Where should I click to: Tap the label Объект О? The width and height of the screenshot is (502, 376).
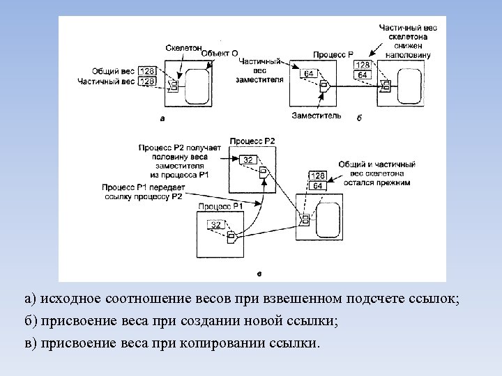pos(220,53)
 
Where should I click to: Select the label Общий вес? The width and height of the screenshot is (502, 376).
pos(113,71)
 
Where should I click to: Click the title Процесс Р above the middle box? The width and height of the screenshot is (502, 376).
pos(333,54)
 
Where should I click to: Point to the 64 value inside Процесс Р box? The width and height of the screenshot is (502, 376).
pos(308,73)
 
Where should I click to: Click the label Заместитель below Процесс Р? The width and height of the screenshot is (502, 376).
pos(317,115)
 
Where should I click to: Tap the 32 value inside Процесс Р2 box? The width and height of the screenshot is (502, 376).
pos(248,160)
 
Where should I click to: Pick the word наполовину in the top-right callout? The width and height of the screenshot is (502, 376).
pos(409,54)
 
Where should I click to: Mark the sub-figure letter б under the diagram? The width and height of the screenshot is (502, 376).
pos(358,118)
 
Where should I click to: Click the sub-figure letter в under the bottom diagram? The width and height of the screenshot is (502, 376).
pos(259,273)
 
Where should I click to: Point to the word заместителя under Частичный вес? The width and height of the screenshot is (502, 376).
pos(260,79)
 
